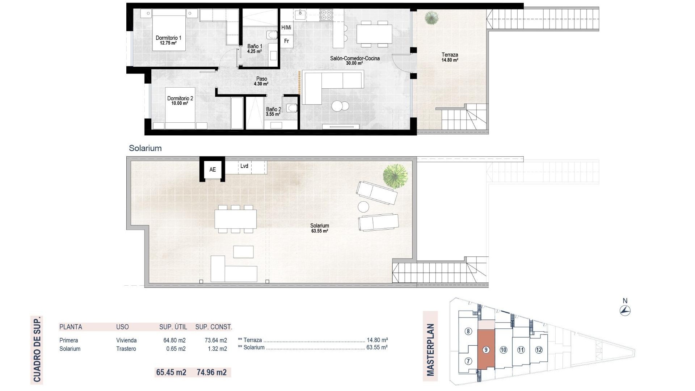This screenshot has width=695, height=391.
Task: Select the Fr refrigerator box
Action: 286,41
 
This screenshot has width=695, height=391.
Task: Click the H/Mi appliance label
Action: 286,28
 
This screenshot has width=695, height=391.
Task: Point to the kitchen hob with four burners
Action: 326,15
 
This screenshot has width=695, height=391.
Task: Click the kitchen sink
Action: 300,15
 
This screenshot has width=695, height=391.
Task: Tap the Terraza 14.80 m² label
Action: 450,57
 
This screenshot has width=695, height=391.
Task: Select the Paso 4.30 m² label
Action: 261,81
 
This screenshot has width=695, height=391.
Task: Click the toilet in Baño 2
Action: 292,108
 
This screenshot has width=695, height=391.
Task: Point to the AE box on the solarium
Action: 212,169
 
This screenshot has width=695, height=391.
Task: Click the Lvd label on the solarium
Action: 244,166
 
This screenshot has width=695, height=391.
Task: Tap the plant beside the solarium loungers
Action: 395,176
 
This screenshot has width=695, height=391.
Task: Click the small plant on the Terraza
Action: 431,17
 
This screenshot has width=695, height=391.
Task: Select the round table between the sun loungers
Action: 363,207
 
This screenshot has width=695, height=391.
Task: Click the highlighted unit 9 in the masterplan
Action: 486,350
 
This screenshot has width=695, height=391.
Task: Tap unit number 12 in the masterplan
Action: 539,350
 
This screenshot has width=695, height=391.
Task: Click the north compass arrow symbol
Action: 625,310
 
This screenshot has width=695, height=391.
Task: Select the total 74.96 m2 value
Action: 212,372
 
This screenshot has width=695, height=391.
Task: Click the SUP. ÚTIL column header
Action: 173,327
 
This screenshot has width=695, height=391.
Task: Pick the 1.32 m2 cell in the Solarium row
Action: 216,349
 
